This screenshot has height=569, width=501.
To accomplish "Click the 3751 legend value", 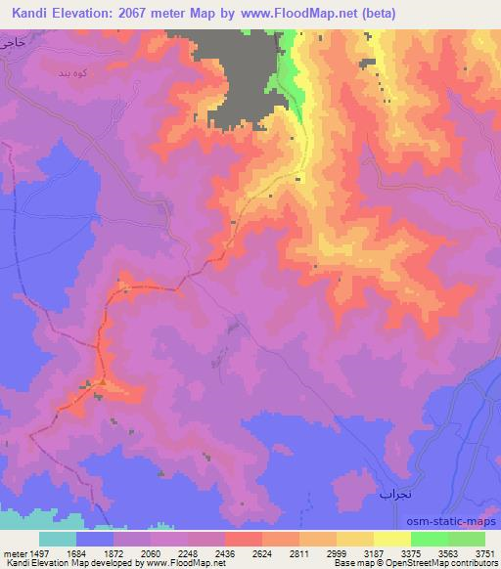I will (484, 552).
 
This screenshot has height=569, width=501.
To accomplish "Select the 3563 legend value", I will (448, 552).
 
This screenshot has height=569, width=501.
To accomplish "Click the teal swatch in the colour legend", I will (58, 539).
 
